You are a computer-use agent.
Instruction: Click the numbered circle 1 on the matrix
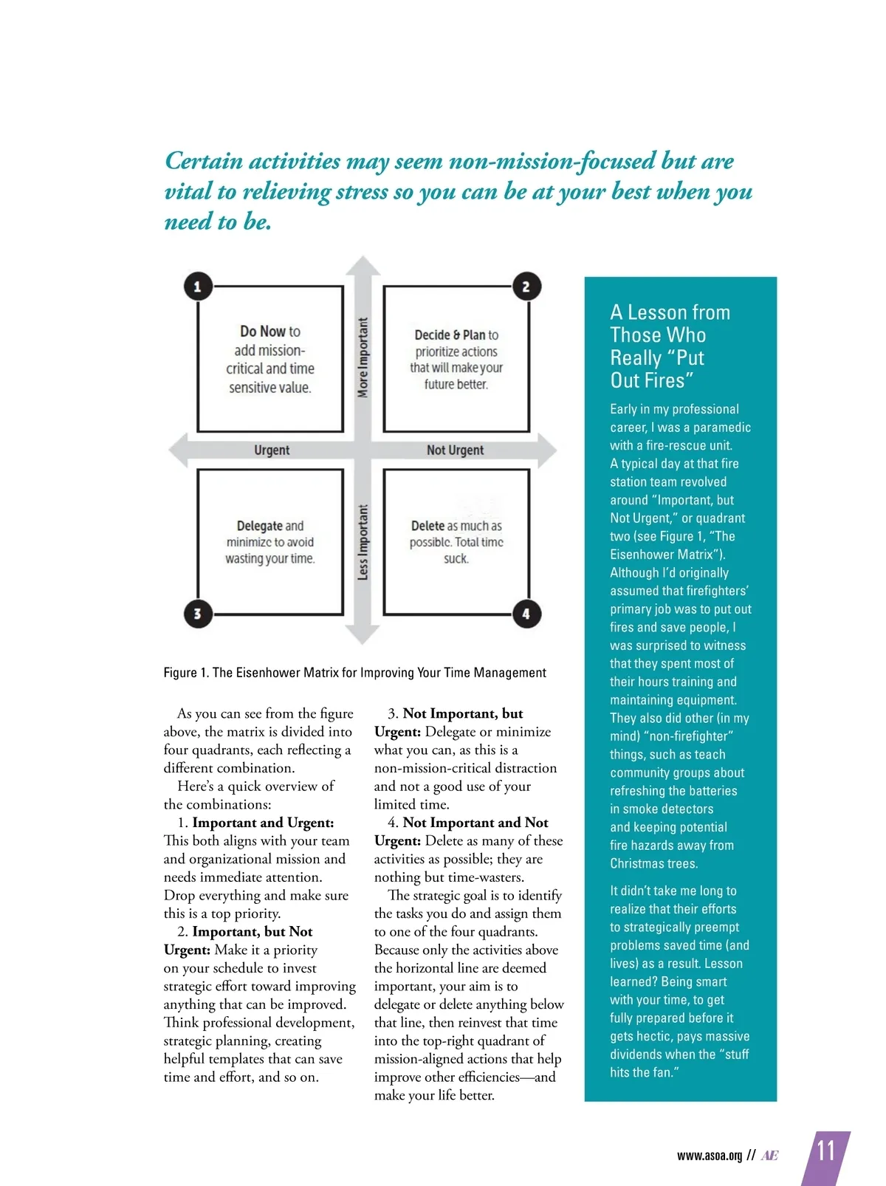pyautogui.click(x=198, y=287)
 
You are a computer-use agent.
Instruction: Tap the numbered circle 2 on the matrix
pyautogui.click(x=526, y=287)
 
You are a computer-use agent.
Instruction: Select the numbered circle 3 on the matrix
pyautogui.click(x=198, y=613)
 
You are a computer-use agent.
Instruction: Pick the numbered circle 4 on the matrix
pyautogui.click(x=526, y=613)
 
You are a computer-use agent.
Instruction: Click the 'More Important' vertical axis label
pyautogui.click(x=363, y=357)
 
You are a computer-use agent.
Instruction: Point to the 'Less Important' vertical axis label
pyautogui.click(x=363, y=542)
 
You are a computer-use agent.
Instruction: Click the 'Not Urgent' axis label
pyautogui.click(x=455, y=450)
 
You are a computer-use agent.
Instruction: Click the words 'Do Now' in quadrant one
pyautogui.click(x=262, y=332)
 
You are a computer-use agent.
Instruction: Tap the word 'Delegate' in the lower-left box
pyautogui.click(x=260, y=526)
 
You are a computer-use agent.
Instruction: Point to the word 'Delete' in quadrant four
pyautogui.click(x=427, y=526)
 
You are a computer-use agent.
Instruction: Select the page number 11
pyautogui.click(x=825, y=1151)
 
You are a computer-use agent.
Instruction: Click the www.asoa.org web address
pyautogui.click(x=709, y=1156)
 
